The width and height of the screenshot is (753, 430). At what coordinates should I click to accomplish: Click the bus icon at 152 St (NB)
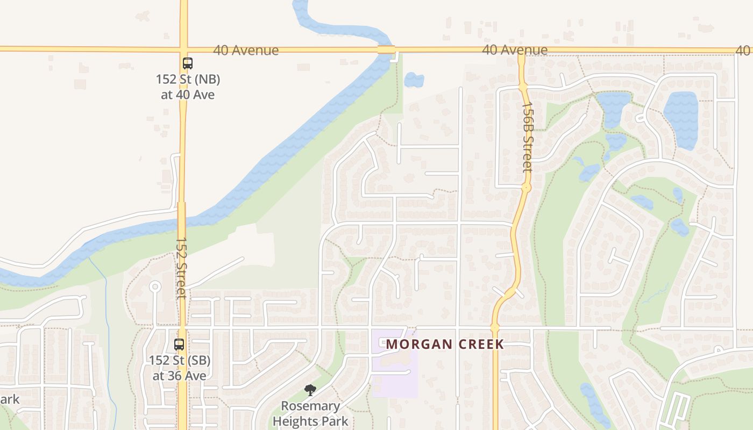(187, 63)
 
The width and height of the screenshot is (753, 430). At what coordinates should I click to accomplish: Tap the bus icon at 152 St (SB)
(179, 345)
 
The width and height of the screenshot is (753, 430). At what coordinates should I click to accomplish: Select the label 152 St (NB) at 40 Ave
(188, 87)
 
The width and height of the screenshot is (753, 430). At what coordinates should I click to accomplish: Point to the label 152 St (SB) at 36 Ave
(180, 368)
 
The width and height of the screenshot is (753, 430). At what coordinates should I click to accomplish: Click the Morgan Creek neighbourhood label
(445, 344)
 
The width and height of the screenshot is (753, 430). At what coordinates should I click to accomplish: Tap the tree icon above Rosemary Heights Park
(310, 390)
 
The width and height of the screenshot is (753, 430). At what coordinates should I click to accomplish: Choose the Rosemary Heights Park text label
(310, 413)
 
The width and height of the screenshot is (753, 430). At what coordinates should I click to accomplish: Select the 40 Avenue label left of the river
(246, 50)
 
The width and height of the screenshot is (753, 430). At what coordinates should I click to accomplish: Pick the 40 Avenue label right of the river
(515, 50)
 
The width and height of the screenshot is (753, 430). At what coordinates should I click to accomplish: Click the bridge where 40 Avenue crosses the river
(386, 50)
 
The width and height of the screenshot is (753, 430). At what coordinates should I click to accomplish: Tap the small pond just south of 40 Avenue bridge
(414, 80)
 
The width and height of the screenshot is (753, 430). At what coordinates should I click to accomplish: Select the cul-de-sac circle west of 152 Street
(155, 286)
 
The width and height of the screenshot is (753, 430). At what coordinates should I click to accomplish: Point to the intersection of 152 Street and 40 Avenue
(183, 49)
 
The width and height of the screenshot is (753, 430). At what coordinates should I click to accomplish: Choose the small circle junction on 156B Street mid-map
(526, 188)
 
